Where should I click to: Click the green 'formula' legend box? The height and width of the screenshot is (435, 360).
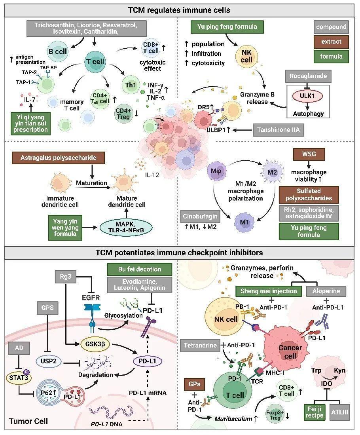click(x=332, y=56)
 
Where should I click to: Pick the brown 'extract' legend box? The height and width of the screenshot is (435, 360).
click(x=332, y=42)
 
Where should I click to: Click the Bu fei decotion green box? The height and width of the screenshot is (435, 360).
click(x=140, y=269)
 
